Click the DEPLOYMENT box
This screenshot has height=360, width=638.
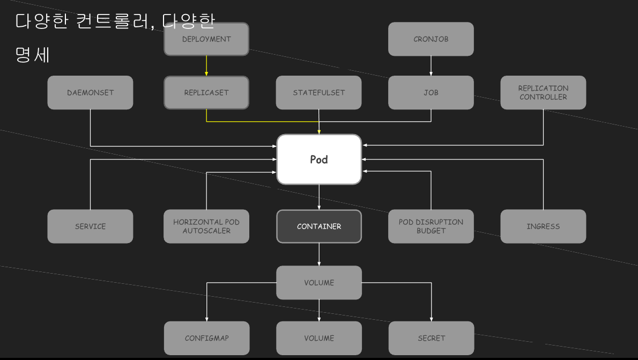206,39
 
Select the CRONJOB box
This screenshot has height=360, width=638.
431,39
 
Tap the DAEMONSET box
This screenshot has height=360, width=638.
90,92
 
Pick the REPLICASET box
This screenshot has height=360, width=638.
206,92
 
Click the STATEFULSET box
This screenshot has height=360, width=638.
319,92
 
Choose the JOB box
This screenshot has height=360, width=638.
431,92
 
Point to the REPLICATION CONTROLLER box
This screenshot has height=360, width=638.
543,92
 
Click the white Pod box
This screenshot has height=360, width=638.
319,159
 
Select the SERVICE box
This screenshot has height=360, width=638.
90,226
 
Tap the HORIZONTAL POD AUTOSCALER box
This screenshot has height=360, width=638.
206,226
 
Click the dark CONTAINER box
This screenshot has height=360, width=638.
319,226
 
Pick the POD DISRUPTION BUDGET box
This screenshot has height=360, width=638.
431,226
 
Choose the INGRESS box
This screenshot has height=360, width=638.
543,226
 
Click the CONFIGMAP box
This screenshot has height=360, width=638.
206,338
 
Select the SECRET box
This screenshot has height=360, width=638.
431,338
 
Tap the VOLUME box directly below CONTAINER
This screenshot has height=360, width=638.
319,283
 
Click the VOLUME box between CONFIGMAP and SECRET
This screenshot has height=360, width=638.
319,338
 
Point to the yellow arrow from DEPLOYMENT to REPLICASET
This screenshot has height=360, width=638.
206,65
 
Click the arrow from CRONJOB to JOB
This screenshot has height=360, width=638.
431,65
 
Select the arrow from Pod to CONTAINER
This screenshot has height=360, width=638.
319,197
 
